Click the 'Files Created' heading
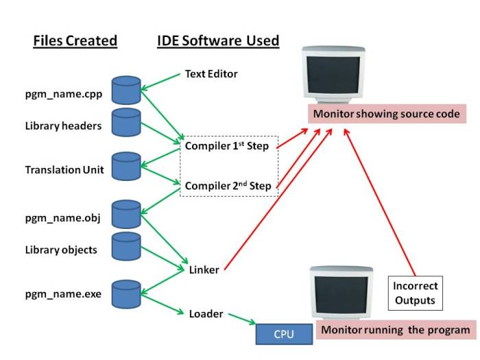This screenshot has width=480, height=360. [75, 41]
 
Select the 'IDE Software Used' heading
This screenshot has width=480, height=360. [217, 41]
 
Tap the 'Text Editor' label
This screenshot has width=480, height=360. [211, 74]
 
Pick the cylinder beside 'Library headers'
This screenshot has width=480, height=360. [126, 122]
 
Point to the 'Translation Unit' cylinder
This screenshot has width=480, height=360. [126, 167]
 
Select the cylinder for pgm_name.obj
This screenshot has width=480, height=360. [126, 214]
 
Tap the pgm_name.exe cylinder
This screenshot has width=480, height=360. [126, 293]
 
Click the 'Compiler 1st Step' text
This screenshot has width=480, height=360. [227, 147]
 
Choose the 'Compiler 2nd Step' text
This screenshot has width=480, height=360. [227, 185]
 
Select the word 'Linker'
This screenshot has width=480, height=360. [204, 269]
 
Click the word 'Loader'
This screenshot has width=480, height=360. [206, 313]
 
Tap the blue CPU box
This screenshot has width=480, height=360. [284, 335]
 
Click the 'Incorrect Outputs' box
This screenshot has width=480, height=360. [415, 292]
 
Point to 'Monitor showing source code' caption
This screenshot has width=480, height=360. [387, 114]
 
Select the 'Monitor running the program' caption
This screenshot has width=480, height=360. [396, 331]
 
